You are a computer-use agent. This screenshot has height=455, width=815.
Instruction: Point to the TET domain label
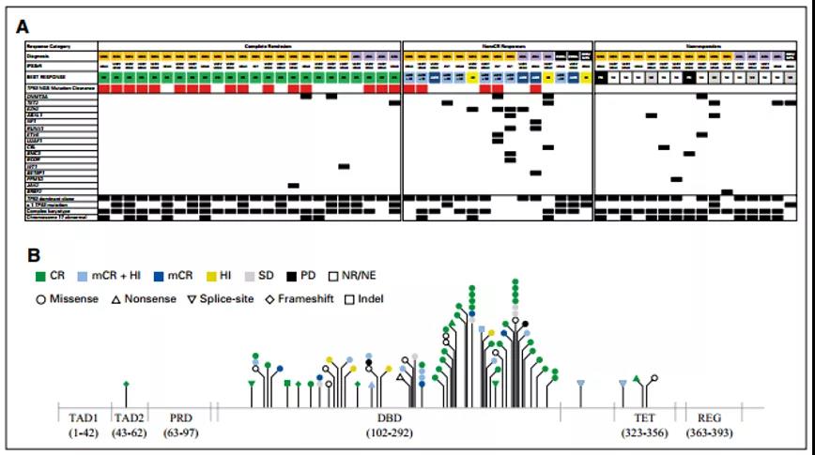pyautogui.click(x=639, y=417)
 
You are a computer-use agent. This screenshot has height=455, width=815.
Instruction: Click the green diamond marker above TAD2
pyautogui.click(x=127, y=383)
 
